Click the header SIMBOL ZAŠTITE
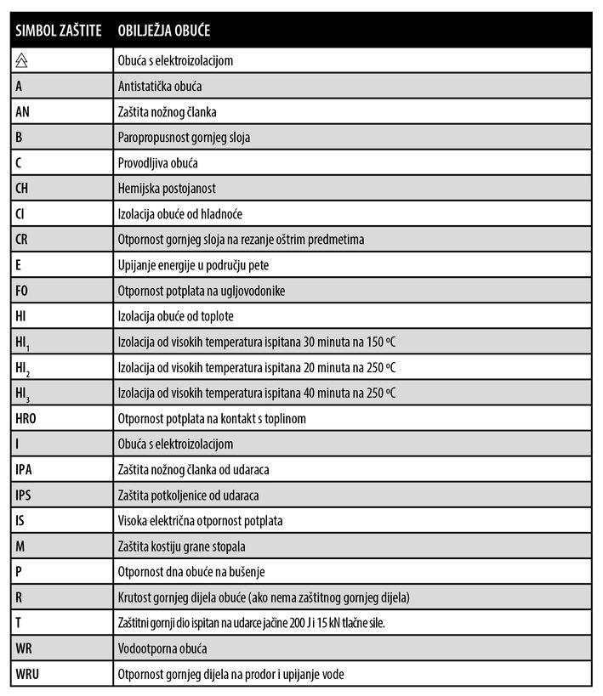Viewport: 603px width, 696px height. tap(58, 31)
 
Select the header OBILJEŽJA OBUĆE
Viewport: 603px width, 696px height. tap(164, 31)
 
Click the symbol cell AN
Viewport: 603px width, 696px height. tap(24, 111)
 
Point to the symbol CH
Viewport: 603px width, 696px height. tap(23, 188)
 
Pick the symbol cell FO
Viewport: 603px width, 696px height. tap(23, 291)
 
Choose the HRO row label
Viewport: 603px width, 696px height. tap(27, 418)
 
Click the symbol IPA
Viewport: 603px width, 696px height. tap(25, 469)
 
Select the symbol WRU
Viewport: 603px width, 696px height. tap(28, 674)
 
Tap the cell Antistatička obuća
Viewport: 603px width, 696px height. tap(160, 86)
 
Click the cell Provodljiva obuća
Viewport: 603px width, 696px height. tap(157, 162)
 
